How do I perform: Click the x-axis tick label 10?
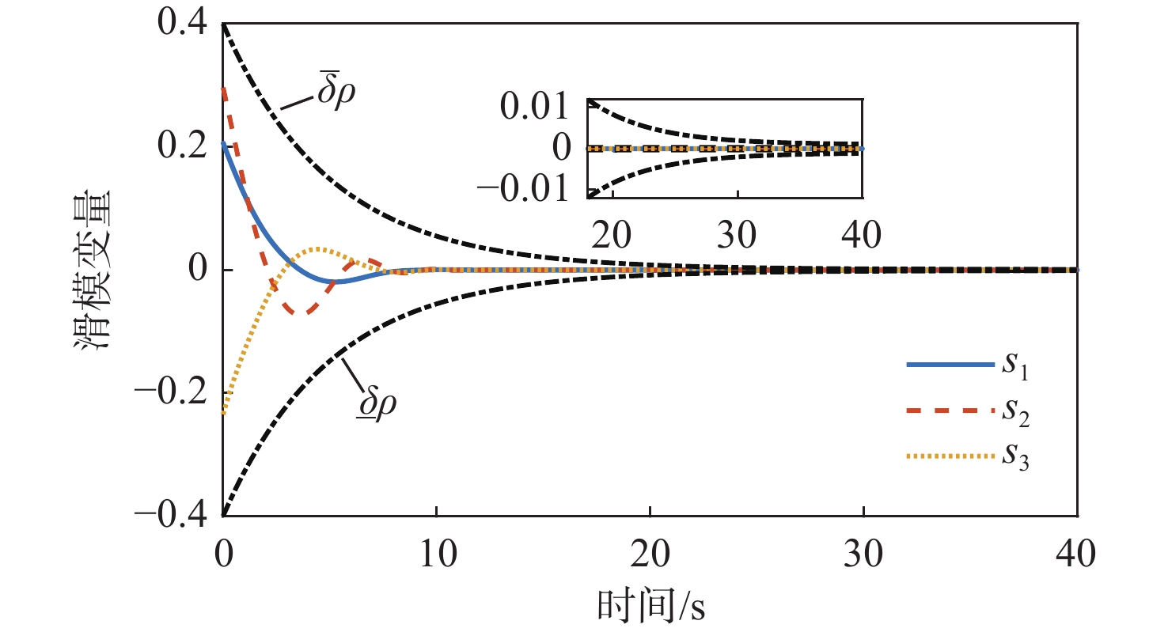(436, 551)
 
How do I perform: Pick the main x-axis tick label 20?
(650, 551)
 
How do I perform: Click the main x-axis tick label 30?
(863, 551)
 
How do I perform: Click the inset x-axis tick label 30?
(738, 235)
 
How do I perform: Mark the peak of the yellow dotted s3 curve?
(317, 248)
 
